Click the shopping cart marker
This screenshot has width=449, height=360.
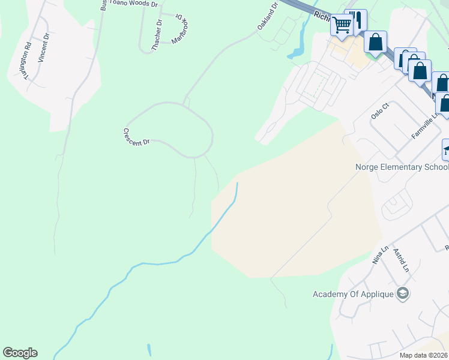click(342, 25)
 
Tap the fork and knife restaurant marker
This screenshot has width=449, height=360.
click(359, 19)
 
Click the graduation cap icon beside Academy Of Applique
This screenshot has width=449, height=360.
click(403, 293)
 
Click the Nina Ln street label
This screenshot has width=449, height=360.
click(381, 256)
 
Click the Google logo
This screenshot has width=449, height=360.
click(20, 353)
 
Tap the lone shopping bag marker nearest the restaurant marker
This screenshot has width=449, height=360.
click(376, 43)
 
